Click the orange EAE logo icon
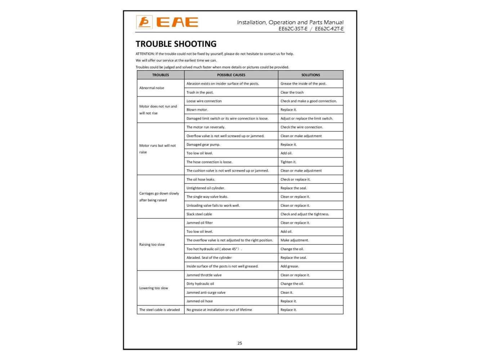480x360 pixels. pyautogui.click(x=144, y=22)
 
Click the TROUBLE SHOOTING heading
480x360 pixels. pyautogui.click(x=176, y=44)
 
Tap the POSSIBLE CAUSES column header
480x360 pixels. pyautogui.click(x=231, y=75)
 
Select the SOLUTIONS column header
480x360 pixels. pyautogui.click(x=310, y=75)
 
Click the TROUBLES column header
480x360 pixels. pyautogui.click(x=161, y=75)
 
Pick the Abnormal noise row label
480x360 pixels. pyautogui.click(x=152, y=88)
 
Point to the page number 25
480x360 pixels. pyautogui.click(x=240, y=343)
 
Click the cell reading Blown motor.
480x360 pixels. pyautogui.click(x=197, y=110)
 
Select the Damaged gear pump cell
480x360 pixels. pyautogui.click(x=203, y=145)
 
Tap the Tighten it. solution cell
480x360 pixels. pyautogui.click(x=288, y=162)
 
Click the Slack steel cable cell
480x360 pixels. pyautogui.click(x=199, y=214)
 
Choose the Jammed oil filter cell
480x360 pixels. pyautogui.click(x=199, y=223)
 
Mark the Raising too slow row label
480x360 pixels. pyautogui.click(x=152, y=244)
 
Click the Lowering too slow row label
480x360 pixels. pyautogui.click(x=154, y=288)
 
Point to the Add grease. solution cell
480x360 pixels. pyautogui.click(x=290, y=266)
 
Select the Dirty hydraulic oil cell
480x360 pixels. pyautogui.click(x=200, y=284)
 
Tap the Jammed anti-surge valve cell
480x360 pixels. pyautogui.click(x=206, y=293)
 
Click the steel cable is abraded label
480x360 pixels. pyautogui.click(x=160, y=310)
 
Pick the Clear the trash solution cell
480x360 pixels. pyautogui.click(x=292, y=93)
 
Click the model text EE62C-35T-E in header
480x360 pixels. pyautogui.click(x=293, y=29)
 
